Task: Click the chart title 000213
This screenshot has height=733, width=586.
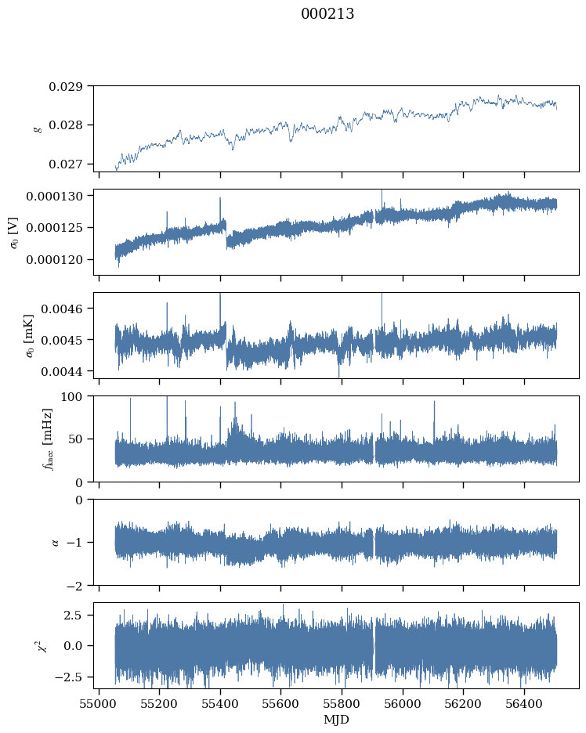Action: click(327, 14)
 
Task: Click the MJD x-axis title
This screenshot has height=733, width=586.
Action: click(337, 719)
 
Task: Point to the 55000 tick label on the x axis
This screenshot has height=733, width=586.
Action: click(99, 704)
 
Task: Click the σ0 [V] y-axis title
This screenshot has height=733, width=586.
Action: click(13, 232)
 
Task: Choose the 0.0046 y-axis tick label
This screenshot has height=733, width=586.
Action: click(66, 309)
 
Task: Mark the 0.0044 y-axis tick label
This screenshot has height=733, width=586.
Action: click(66, 370)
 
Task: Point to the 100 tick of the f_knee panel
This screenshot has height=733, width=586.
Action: click(76, 396)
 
